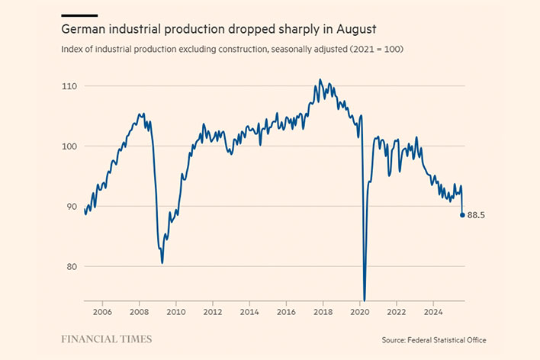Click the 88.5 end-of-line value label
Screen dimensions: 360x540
point(477,215)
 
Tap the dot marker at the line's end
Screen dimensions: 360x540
point(462,215)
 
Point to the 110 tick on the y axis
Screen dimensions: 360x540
point(70,86)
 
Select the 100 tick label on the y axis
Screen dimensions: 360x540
point(70,146)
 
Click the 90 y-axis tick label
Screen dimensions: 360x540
point(72,207)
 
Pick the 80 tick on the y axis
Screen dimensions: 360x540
point(72,267)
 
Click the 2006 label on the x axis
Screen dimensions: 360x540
point(102,312)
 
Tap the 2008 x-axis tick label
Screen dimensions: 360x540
point(139,312)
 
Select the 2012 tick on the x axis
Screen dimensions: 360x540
point(213,312)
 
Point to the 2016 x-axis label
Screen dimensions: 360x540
point(286,312)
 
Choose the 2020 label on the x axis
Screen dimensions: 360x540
point(359,312)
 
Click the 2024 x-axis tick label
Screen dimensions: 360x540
point(433,312)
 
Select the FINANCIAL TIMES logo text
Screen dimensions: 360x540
point(106,339)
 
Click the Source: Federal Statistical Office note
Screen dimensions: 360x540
point(434,339)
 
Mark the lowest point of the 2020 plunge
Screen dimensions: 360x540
point(365,300)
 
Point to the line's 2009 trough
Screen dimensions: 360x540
point(162,262)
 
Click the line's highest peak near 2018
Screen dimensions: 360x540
point(320,79)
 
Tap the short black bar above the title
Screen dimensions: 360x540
point(79,15)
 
